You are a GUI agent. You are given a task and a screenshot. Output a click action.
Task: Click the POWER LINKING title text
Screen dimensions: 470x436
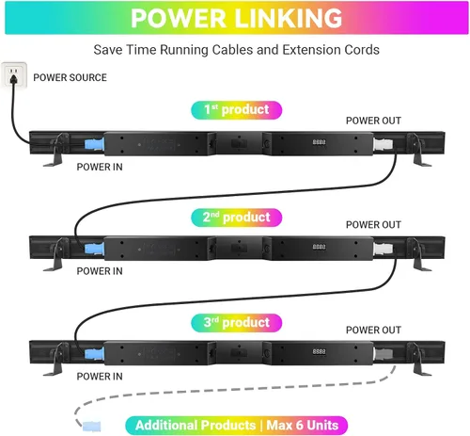coord(237,18)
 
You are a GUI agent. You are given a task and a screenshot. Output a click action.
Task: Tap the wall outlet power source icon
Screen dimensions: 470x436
coord(14,74)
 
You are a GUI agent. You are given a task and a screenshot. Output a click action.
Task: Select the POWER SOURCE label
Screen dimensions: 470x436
coord(70,77)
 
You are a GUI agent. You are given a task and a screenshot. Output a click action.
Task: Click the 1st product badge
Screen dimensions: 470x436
coord(237,110)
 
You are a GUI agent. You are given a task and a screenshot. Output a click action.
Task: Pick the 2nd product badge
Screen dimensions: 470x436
coord(237,218)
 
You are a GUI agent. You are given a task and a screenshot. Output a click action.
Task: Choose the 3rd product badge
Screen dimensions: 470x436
coord(237,323)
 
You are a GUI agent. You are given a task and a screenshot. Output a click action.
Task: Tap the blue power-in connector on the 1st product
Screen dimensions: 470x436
coord(94,144)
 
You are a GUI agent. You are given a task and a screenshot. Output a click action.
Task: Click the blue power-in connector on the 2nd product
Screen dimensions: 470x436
coord(94,249)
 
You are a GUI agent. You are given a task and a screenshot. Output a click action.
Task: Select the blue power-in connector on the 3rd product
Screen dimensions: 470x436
coord(94,354)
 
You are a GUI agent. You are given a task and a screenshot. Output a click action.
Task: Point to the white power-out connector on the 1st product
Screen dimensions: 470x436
coord(383,144)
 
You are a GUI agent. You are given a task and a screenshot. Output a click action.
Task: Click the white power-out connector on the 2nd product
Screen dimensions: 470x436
coord(383,249)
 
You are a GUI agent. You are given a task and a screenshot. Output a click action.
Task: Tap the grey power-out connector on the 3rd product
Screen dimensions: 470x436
coord(383,354)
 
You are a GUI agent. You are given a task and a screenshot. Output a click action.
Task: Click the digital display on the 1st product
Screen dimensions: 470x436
coord(319,142)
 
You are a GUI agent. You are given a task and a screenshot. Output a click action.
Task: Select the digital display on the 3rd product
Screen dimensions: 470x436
coord(319,351)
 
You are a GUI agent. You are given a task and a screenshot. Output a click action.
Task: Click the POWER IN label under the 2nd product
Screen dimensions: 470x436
coord(100,271)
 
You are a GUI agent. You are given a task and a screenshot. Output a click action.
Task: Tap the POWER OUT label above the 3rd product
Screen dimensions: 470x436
coord(373,330)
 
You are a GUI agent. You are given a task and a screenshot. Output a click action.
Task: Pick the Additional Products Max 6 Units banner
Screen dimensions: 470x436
coord(237,426)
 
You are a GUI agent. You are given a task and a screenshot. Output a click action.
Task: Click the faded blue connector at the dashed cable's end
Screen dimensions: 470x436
coord(92,426)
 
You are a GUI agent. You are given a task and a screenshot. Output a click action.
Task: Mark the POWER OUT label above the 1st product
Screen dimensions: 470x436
coord(373,121)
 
